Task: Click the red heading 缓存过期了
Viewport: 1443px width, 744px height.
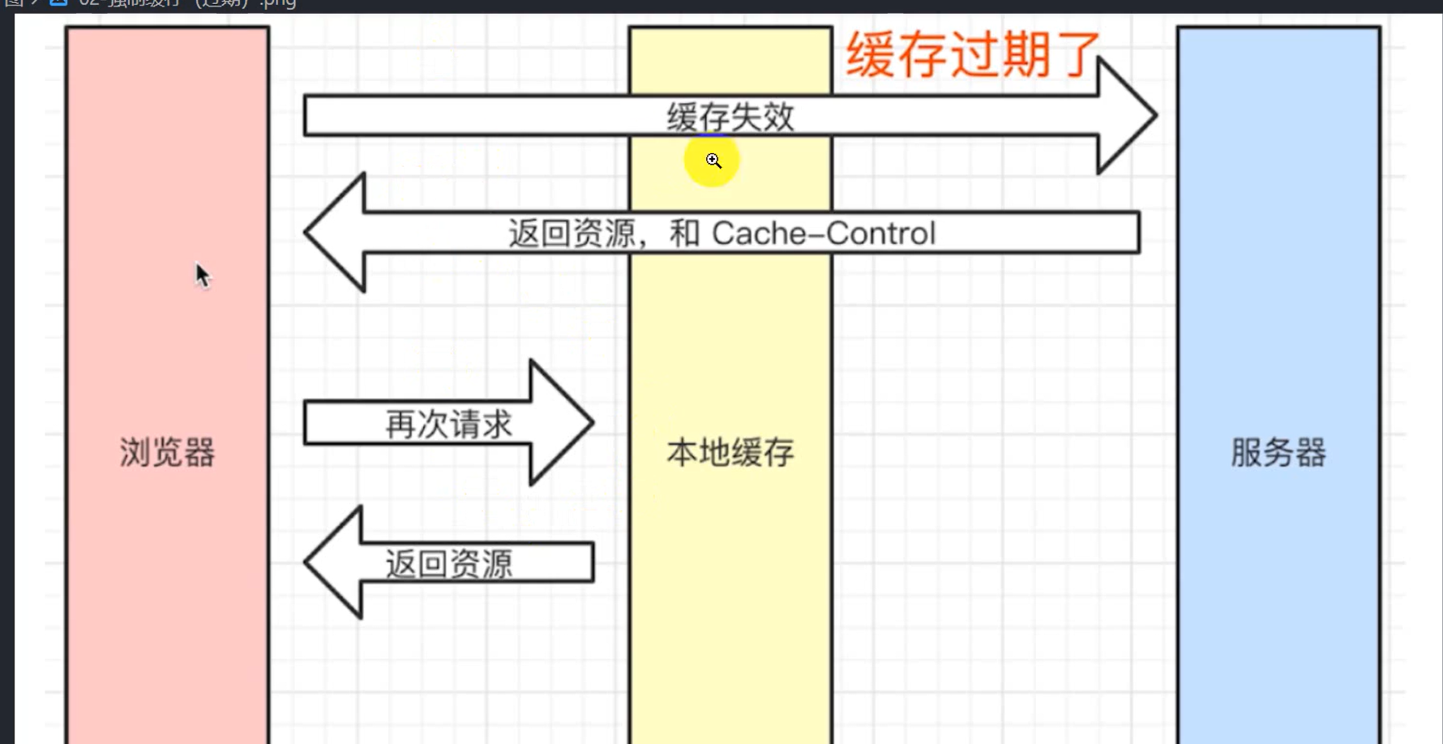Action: point(973,55)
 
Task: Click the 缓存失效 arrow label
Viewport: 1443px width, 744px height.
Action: point(730,118)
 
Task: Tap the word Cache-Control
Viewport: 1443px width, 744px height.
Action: point(824,233)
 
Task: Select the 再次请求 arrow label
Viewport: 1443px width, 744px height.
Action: point(448,424)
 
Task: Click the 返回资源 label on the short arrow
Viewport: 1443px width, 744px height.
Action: point(448,563)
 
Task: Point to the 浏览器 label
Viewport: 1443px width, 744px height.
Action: point(167,452)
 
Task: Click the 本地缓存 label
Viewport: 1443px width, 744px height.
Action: point(730,452)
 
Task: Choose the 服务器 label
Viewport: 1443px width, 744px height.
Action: point(1278,452)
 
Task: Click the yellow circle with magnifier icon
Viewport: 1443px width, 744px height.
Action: point(712,160)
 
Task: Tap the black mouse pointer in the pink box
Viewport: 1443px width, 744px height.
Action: point(202,276)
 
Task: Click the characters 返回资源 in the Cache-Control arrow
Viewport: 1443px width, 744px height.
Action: point(572,233)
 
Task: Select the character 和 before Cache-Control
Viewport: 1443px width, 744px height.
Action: point(684,233)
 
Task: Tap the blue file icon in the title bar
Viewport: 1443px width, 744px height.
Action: point(58,2)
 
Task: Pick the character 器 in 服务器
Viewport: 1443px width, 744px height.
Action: point(1310,452)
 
